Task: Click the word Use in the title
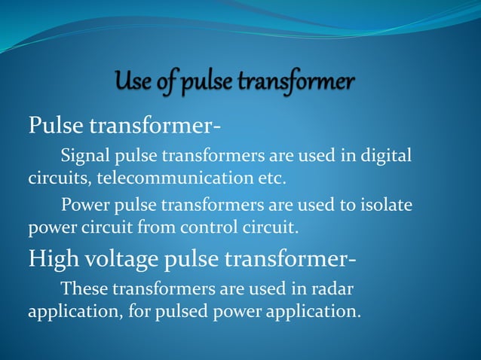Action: tap(133, 80)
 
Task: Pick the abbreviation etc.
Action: tap(273, 179)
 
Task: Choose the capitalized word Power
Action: tap(84, 204)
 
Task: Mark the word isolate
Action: tap(383, 204)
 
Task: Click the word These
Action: tap(84, 288)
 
